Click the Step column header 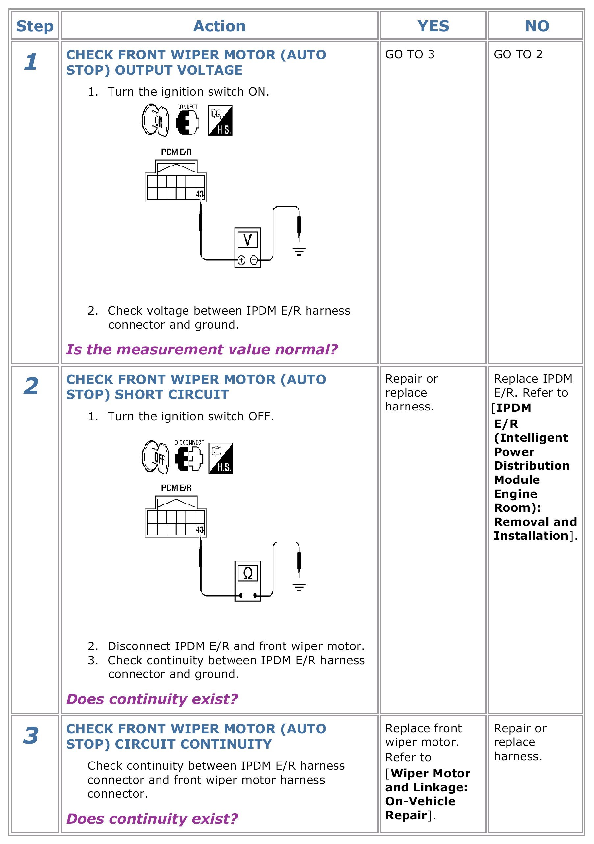pos(35,26)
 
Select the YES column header pos(433,26)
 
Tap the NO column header pos(537,26)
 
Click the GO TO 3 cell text pos(410,55)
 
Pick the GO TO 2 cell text pos(518,55)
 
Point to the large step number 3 pos(31,736)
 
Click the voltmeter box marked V pos(248,240)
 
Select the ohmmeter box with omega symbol pos(248,573)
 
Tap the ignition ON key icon pos(156,120)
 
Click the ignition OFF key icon pos(156,457)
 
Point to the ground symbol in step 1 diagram pos(299,252)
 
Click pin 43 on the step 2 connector pos(200,529)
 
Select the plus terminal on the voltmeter pos(241,260)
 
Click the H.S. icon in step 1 pos(220,121)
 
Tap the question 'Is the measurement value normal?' pos(202,349)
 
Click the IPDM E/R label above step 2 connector pos(175,488)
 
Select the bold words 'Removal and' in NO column pos(535,522)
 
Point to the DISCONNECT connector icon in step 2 pos(189,457)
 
